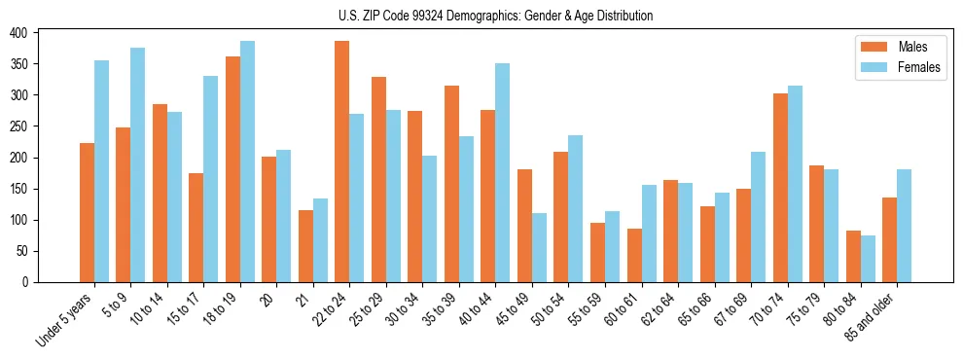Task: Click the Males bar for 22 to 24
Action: coord(342,162)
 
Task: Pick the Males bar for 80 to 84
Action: coord(853,256)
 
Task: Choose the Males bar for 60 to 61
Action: coord(634,255)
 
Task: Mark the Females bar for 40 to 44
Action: coord(503,172)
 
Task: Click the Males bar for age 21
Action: coord(305,246)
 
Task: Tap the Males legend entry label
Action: coord(912,47)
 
